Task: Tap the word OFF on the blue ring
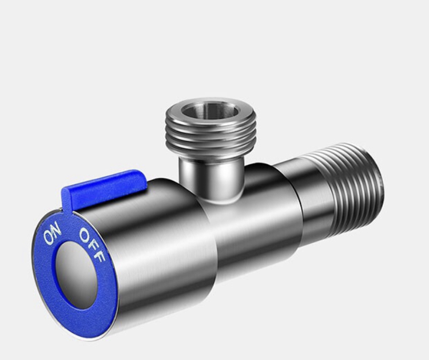[x=92, y=246]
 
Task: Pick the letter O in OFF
[x=85, y=235]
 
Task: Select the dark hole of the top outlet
[x=210, y=110]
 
